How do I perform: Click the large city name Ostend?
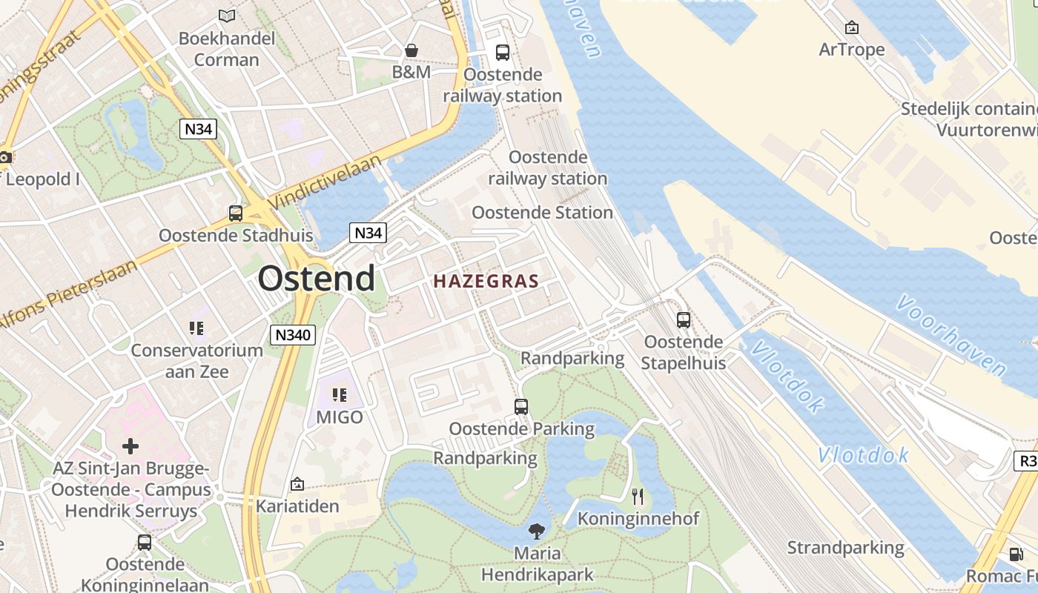click(317, 279)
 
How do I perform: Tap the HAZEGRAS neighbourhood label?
click(486, 282)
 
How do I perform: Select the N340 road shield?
click(293, 335)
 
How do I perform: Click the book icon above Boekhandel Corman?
click(227, 16)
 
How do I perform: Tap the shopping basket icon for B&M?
click(411, 50)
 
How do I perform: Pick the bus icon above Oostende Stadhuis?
click(236, 213)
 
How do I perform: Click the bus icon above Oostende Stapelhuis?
click(683, 320)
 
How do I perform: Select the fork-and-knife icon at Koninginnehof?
click(638, 496)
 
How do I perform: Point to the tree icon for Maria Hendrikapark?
click(537, 531)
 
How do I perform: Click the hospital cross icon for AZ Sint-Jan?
click(130, 446)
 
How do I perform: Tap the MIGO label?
click(340, 417)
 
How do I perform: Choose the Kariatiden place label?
click(297, 506)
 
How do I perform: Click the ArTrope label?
click(852, 50)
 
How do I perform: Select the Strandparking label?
click(845, 548)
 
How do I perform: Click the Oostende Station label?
click(542, 213)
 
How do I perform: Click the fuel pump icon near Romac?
click(1016, 554)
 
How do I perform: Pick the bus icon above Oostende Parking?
click(521, 406)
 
